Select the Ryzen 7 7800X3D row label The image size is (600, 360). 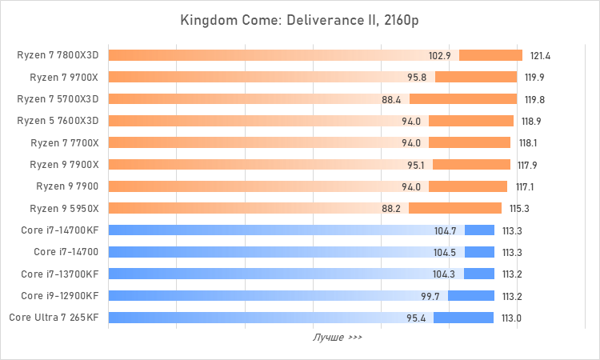tap(58, 56)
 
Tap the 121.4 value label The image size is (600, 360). tap(541, 56)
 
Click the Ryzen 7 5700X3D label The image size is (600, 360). tap(58, 99)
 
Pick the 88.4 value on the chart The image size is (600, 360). tap(392, 99)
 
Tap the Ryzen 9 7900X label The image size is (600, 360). tap(64, 165)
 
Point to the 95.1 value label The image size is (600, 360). tap(416, 165)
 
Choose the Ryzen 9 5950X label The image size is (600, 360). tap(64, 209)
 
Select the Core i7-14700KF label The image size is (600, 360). tap(62, 230)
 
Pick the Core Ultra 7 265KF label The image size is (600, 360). tap(54, 318)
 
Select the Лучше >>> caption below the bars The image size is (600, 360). tap(337, 338)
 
